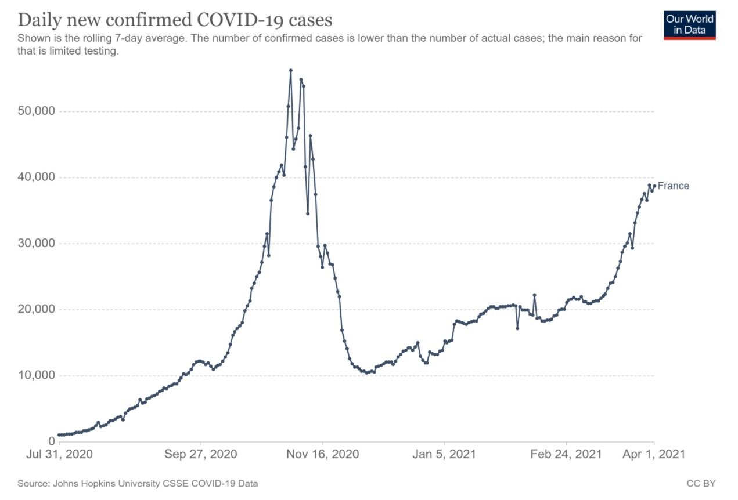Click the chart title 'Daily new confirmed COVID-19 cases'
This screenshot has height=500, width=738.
175,20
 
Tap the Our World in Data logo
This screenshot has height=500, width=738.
690,26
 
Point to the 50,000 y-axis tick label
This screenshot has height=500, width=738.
36,111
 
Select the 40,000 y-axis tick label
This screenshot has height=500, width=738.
36,177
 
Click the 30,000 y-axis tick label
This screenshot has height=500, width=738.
36,243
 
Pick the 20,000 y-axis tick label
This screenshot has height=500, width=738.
36,309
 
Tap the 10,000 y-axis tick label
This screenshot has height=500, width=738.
36,375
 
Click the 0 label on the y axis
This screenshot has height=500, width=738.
52,441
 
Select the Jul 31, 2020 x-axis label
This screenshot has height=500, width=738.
59,454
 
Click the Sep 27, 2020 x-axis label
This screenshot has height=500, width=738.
201,454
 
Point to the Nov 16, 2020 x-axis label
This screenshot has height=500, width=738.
322,454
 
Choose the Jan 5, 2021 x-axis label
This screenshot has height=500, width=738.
444,454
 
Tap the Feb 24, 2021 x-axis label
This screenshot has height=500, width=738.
566,454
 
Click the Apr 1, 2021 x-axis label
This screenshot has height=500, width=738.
654,454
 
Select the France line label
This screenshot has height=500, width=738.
673,186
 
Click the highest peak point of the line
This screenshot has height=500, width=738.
290,70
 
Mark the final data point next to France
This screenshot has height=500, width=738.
654,186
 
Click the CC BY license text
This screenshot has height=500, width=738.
701,484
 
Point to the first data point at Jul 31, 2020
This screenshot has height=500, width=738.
59,435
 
